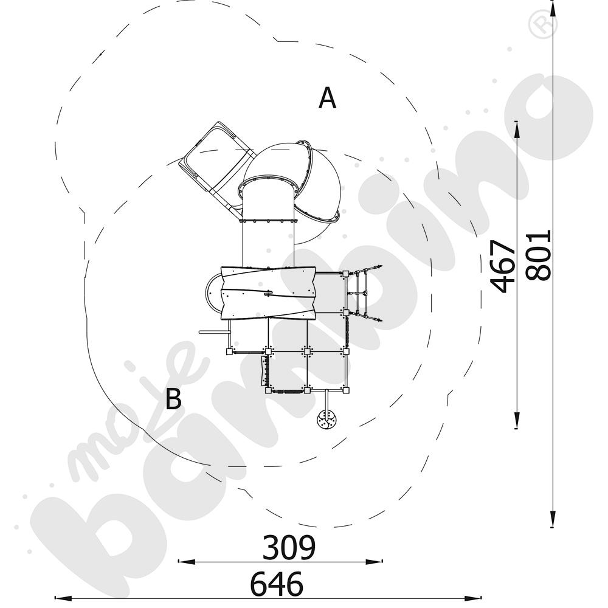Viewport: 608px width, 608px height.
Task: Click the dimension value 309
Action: [289, 547]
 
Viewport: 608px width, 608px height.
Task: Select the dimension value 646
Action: [277, 584]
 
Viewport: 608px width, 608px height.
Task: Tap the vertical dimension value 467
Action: [503, 266]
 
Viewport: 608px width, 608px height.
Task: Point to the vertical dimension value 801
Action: [538, 255]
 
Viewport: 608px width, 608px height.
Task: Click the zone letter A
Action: [327, 98]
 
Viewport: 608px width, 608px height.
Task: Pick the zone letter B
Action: [173, 399]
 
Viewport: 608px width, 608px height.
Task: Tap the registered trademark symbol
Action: [543, 24]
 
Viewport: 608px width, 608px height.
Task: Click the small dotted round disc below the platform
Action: [326, 419]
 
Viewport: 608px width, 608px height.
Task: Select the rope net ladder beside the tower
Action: [364, 294]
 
